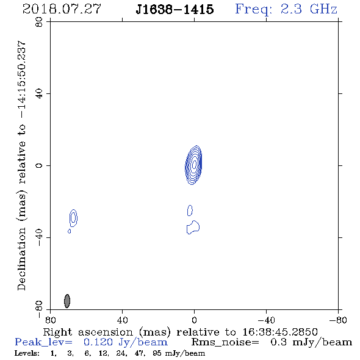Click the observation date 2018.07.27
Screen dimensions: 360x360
pyautogui.click(x=62, y=9)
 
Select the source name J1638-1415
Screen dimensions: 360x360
pyautogui.click(x=175, y=10)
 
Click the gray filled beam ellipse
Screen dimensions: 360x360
pyautogui.click(x=67, y=301)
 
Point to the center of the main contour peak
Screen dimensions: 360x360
pyautogui.click(x=194, y=164)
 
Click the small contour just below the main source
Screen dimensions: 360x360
pyautogui.click(x=190, y=211)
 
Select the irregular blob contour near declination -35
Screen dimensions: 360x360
pyautogui.click(x=193, y=228)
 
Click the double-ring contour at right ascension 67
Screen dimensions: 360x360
pyautogui.click(x=73, y=218)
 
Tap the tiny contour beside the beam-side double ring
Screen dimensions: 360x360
pyautogui.click(x=70, y=231)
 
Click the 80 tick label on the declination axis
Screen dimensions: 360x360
pyautogui.click(x=39, y=22)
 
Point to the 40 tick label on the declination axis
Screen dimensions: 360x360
pyautogui.click(x=39, y=94)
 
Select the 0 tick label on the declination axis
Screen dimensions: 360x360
pyautogui.click(x=39, y=165)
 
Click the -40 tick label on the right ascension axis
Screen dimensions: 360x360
pyautogui.click(x=266, y=320)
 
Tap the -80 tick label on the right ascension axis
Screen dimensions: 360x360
pyautogui.click(x=338, y=320)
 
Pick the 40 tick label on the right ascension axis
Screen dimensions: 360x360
pyautogui.click(x=122, y=320)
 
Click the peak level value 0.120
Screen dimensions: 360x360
pyautogui.click(x=98, y=342)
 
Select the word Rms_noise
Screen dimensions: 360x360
pyautogui.click(x=225, y=342)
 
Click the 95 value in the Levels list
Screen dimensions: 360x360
pyautogui.click(x=157, y=353)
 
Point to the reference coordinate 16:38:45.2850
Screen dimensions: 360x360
pyautogui.click(x=280, y=332)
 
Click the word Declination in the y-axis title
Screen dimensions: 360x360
pyautogui.click(x=21, y=259)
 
